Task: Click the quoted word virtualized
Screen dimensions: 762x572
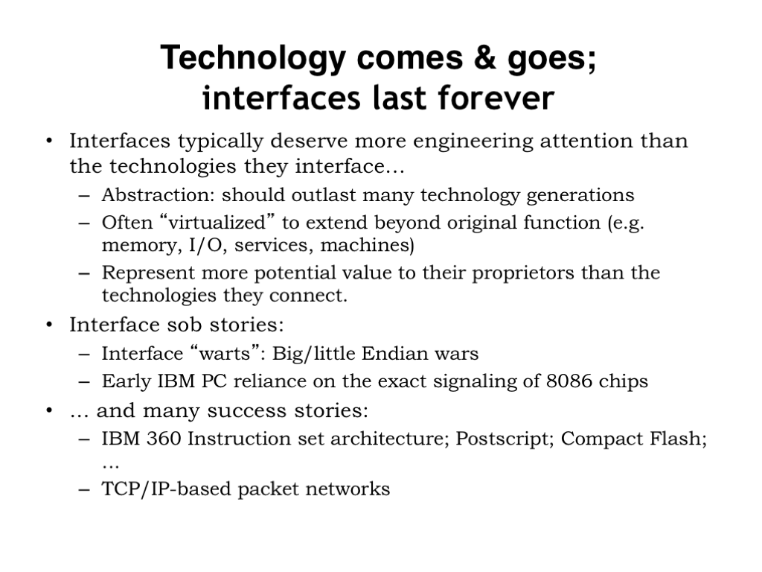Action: (x=217, y=223)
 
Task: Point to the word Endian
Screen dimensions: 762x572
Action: (x=395, y=353)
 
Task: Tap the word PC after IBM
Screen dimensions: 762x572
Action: (x=214, y=381)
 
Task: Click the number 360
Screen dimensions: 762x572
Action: (x=164, y=439)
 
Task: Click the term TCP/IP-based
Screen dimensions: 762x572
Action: (x=167, y=489)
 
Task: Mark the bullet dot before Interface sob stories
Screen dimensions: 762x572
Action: (x=49, y=325)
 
